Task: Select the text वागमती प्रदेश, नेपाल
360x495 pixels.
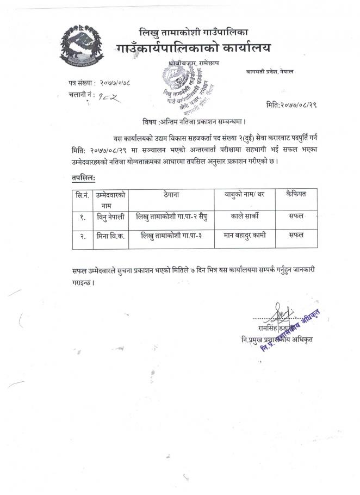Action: (269, 72)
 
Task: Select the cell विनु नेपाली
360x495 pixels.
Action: (110, 216)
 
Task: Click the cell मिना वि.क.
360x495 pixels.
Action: (110, 236)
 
